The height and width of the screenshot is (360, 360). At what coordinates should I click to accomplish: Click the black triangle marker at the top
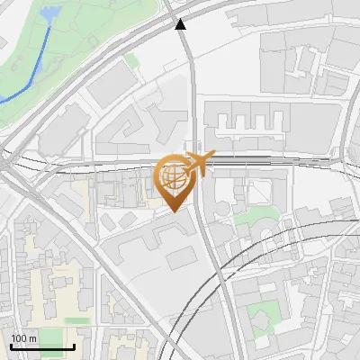181,25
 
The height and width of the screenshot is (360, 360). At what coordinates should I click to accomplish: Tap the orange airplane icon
197,164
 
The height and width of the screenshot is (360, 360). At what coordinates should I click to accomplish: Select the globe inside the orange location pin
174,177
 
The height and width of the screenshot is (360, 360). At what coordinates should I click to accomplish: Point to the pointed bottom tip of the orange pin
174,211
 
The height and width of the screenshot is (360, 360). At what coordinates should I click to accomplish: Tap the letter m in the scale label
34,338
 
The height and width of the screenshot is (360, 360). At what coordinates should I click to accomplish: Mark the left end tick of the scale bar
11,346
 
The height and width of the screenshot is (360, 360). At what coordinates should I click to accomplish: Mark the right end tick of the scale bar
74,346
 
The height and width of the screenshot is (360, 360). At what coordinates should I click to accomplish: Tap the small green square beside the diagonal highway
132,60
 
